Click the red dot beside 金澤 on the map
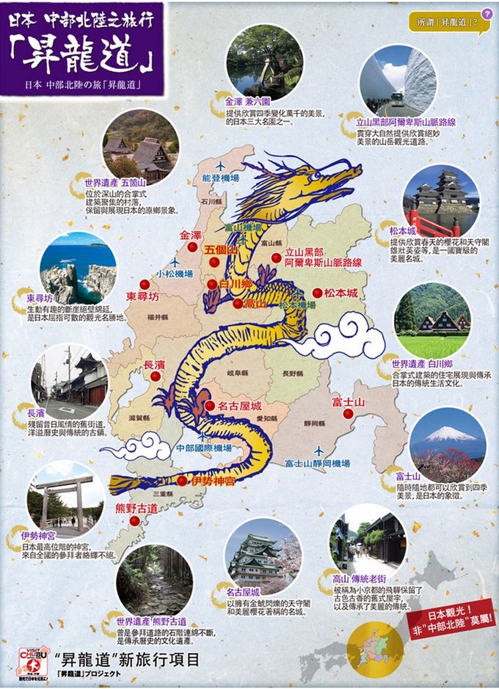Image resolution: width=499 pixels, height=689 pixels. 193,248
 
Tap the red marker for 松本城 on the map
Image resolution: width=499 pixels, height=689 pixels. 317,293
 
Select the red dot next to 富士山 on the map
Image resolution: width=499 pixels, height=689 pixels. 349,413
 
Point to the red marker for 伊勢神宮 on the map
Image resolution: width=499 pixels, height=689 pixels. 182,481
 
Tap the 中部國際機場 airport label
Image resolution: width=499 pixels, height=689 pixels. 203,448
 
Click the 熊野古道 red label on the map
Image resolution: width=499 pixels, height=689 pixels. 136,508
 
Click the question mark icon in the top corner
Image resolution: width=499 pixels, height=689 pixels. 487,14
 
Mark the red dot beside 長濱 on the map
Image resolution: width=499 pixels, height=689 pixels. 155,376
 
